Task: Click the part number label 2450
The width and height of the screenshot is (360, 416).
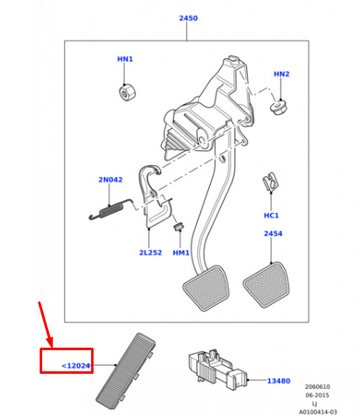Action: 188,18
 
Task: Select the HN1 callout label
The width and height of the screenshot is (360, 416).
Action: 125,59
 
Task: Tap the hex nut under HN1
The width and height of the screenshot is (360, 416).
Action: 127,92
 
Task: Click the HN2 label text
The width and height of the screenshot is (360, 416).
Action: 282,74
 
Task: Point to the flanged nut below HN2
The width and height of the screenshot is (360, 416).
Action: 280,107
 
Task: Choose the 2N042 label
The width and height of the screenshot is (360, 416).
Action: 110,180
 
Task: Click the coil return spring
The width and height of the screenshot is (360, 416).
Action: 110,210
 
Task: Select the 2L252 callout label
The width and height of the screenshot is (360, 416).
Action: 150,252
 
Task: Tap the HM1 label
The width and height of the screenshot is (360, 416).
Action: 181,253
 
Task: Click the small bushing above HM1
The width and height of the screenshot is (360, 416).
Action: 179,226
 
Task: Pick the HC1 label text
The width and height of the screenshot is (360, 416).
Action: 271,215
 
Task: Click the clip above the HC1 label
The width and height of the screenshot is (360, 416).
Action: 271,182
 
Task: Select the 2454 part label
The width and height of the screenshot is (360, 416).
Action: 273,234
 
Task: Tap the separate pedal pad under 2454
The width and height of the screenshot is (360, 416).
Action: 266,284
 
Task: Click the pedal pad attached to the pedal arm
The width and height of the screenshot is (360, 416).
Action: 206,288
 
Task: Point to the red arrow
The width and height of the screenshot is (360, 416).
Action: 46,324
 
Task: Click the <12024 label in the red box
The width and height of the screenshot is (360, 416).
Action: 76,365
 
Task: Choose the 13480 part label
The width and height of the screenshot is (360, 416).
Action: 278,381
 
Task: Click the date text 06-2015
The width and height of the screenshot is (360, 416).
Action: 317,395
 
